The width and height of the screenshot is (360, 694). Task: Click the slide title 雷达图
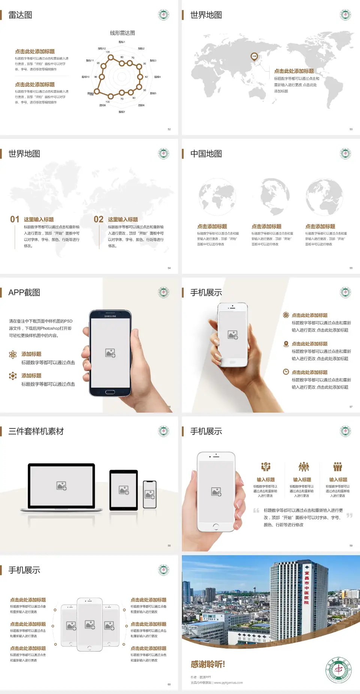coord(20,15)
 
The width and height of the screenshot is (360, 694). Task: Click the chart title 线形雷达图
coord(122,33)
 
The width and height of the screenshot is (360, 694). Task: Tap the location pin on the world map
coord(254,57)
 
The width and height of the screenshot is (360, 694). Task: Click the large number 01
coord(15,219)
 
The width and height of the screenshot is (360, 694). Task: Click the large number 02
coord(99,219)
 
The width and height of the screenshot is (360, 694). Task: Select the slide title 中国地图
coord(206,154)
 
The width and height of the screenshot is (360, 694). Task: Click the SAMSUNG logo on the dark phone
coord(110,316)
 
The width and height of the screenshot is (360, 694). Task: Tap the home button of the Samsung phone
coord(110,392)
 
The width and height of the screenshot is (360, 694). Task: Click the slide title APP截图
coord(24,293)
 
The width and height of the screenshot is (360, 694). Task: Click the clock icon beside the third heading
coord(286,372)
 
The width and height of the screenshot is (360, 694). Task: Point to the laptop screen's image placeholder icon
coord(61,486)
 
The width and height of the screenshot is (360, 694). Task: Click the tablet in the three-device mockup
coord(124,490)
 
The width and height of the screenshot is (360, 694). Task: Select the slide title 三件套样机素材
coord(36,431)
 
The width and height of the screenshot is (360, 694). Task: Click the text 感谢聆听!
coord(208,664)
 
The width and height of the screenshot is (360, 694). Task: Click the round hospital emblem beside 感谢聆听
coord(339,670)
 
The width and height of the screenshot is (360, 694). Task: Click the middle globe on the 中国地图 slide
coord(271,197)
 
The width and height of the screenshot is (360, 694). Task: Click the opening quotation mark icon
coord(256,510)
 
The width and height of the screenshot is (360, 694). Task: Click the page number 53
coord(351,129)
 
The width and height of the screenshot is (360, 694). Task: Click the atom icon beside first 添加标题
coord(13,355)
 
